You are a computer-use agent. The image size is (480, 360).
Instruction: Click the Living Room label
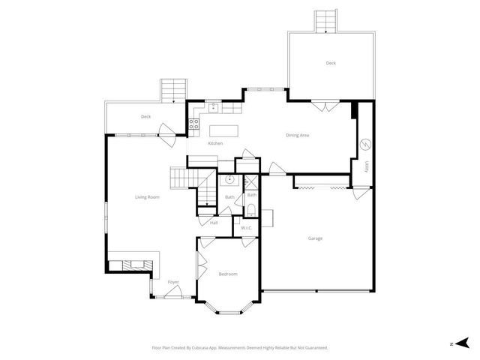(147, 197)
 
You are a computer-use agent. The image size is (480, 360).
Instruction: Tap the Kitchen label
(215, 143)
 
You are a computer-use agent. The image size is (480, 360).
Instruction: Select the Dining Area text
(298, 136)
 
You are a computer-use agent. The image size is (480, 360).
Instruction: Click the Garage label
(315, 238)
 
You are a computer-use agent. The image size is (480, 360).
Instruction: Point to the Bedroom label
(228, 274)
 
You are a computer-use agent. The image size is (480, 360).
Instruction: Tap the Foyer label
(173, 282)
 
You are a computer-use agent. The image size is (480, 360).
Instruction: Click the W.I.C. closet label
(246, 229)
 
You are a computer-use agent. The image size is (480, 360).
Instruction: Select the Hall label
(214, 223)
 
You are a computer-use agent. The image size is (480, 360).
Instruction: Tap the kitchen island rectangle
(223, 130)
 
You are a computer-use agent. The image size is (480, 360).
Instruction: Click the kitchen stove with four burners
(193, 125)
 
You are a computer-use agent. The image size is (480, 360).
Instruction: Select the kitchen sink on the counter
(213, 106)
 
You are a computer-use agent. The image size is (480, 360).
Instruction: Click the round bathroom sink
(229, 181)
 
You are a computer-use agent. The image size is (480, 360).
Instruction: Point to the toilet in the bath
(252, 209)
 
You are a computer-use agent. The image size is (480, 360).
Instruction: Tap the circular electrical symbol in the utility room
(366, 144)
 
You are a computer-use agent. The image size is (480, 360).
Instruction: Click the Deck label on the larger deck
(331, 63)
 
